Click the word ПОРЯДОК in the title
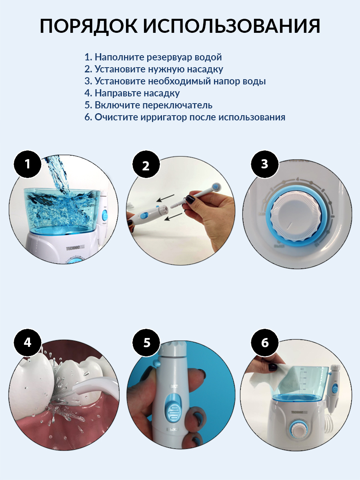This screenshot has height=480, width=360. point(89,26)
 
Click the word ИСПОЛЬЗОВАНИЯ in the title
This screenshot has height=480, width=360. point(232,26)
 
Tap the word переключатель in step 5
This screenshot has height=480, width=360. point(177,105)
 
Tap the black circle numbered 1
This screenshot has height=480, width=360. point(28,164)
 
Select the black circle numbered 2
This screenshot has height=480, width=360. point(146,164)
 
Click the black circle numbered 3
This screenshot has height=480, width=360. point(265,164)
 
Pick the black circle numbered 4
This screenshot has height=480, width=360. point(28,343)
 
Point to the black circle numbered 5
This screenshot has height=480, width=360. point(146,343)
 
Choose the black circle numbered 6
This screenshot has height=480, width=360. point(265,343)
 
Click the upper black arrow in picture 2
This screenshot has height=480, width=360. point(166,198)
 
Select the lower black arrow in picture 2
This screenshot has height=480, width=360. point(173,217)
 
